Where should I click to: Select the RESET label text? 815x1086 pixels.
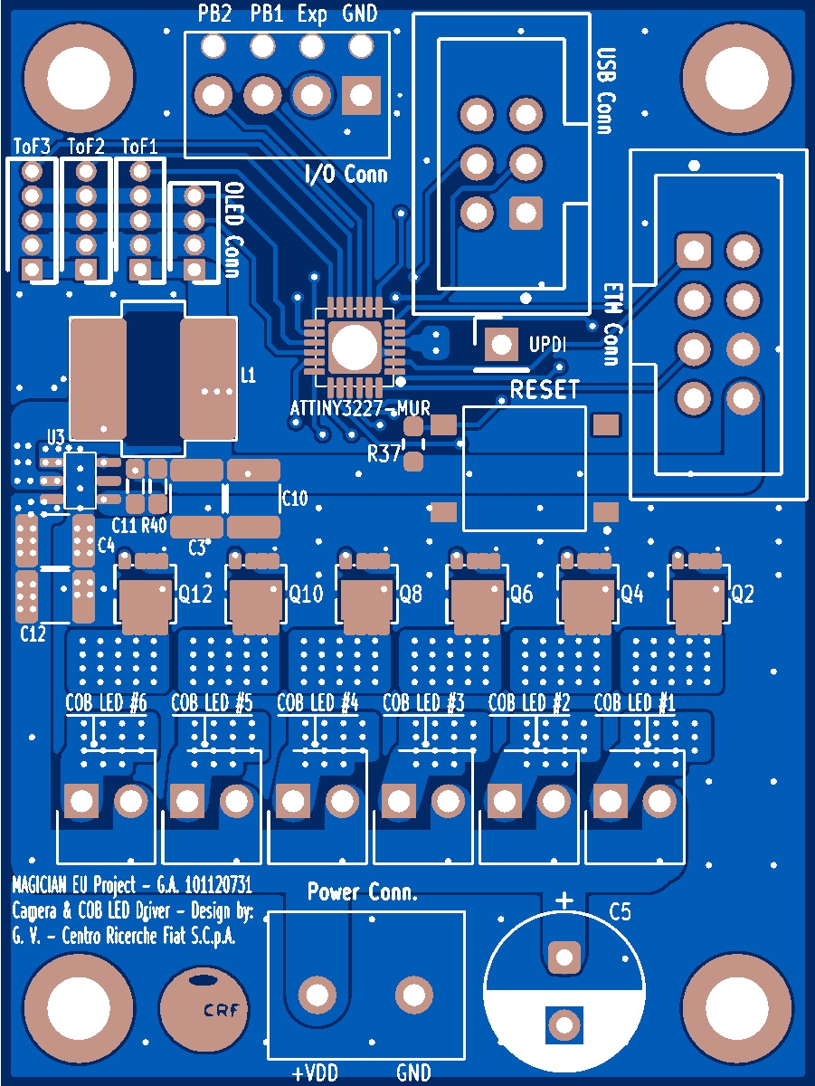pyautogui.click(x=545, y=390)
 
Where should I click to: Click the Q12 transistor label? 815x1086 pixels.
pyautogui.click(x=195, y=595)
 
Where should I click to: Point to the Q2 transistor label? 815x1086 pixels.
pyautogui.click(x=743, y=595)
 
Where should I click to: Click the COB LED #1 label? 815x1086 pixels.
pyautogui.click(x=635, y=703)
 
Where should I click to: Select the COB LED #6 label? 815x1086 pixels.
pyautogui.click(x=106, y=703)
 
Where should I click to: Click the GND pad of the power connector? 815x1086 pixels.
pyautogui.click(x=414, y=995)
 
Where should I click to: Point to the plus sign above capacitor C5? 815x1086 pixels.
pyautogui.click(x=564, y=900)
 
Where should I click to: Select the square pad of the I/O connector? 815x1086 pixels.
pyautogui.click(x=361, y=94)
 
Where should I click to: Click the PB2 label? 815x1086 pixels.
pyautogui.click(x=214, y=14)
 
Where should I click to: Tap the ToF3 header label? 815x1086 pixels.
pyautogui.click(x=33, y=146)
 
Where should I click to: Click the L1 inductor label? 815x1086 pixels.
pyautogui.click(x=247, y=375)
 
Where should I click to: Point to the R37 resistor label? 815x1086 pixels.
pyautogui.click(x=384, y=454)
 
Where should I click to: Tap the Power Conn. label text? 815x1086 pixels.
pyautogui.click(x=362, y=893)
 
